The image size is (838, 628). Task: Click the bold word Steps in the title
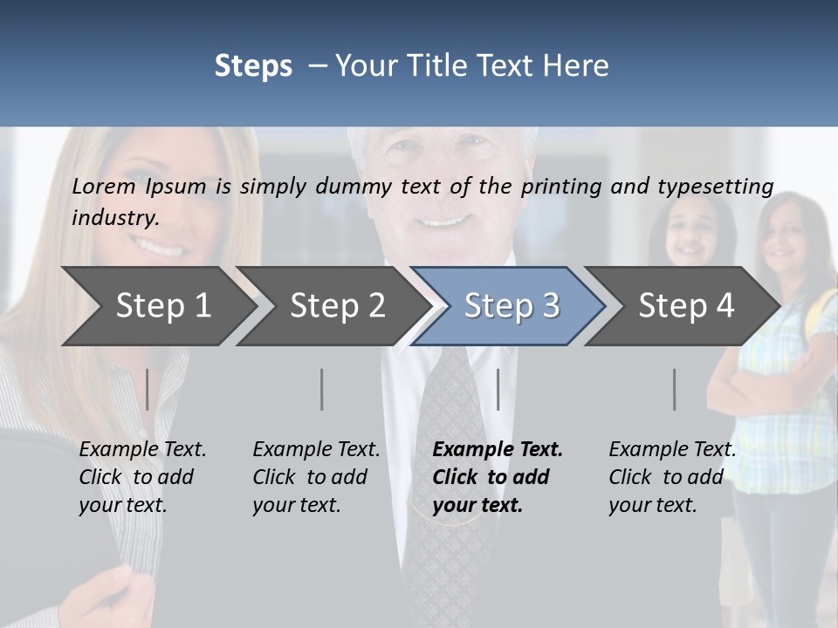click(x=253, y=66)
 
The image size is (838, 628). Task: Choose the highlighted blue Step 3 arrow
click(x=512, y=306)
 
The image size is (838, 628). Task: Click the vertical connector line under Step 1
click(x=148, y=389)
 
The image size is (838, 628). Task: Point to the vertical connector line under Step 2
click(x=322, y=389)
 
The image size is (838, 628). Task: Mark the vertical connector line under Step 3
click(x=498, y=389)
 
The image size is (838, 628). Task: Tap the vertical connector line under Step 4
click(x=675, y=389)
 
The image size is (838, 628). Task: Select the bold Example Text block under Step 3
click(x=497, y=477)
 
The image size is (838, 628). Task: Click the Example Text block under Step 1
click(x=142, y=477)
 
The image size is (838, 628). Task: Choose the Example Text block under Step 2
click(x=316, y=477)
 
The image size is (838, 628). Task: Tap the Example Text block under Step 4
click(x=672, y=477)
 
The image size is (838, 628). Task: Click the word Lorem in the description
click(x=104, y=186)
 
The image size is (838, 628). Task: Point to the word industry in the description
click(x=114, y=218)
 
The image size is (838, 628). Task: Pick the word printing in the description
click(x=562, y=187)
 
